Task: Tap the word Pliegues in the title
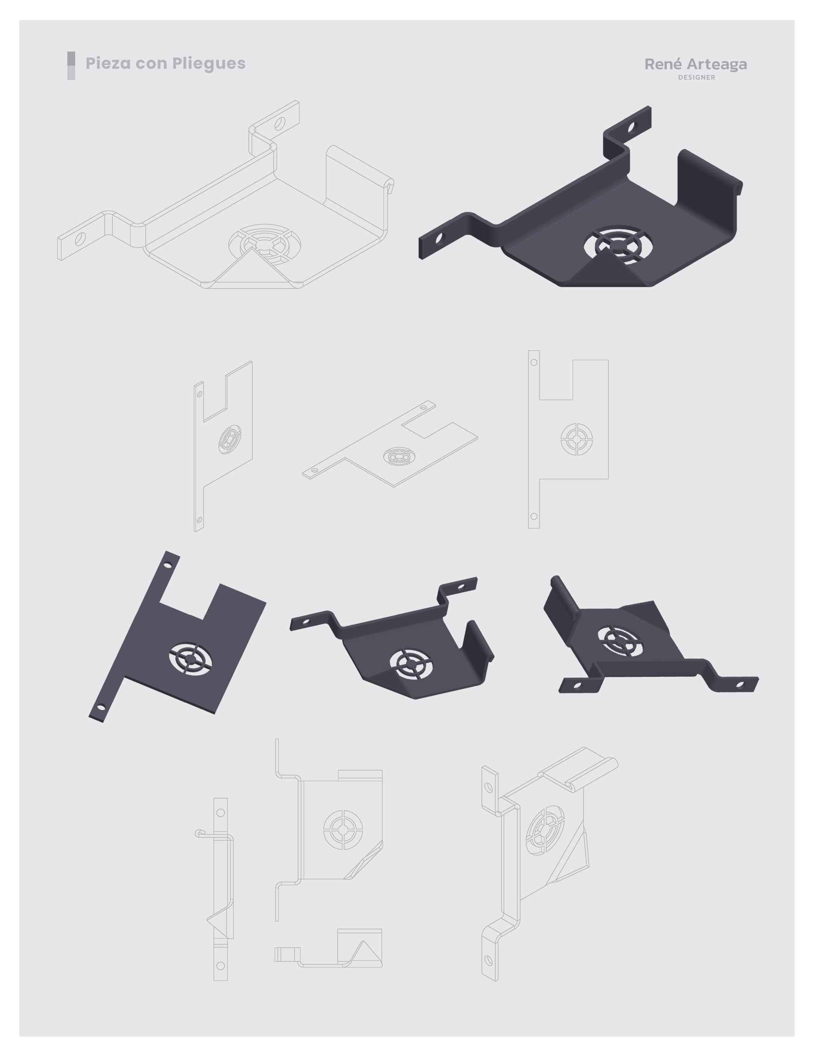[x=209, y=64]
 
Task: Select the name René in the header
[x=663, y=64]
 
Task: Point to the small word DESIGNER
[x=697, y=77]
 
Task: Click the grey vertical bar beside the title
[x=71, y=65]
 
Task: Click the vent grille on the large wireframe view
[x=265, y=244]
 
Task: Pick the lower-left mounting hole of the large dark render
[x=439, y=238]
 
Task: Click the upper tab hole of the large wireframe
[x=279, y=124]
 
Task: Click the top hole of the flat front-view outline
[x=534, y=362]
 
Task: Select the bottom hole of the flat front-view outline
[x=534, y=516]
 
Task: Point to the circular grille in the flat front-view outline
[x=577, y=439]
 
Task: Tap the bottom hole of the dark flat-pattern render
[x=101, y=707]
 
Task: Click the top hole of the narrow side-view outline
[x=221, y=813]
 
